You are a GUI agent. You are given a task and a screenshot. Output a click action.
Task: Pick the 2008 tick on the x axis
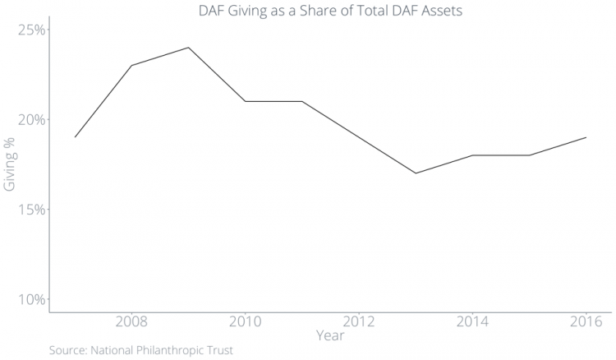tap(131, 321)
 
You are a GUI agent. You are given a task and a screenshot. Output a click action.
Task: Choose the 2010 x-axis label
tap(246, 321)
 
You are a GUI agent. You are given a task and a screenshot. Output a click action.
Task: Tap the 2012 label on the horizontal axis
tap(359, 321)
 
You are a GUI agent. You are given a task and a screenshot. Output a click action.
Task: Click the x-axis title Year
tap(330, 335)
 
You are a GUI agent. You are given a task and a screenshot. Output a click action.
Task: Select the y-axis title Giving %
tap(10, 164)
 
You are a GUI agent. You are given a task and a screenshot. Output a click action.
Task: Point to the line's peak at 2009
tap(189, 48)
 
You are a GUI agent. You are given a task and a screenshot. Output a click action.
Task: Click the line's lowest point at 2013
tap(416, 173)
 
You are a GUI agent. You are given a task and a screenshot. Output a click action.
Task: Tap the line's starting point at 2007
tap(75, 137)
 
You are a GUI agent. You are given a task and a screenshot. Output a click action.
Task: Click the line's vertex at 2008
tap(131, 66)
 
